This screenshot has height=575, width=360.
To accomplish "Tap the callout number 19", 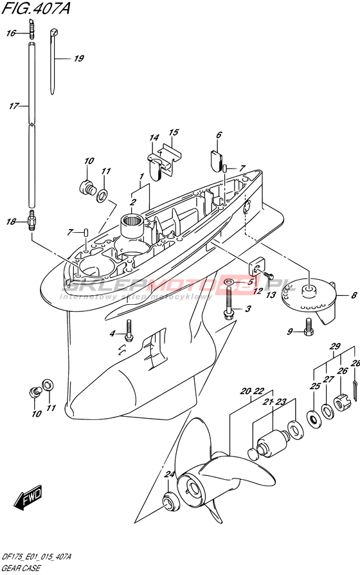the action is coord(79,59).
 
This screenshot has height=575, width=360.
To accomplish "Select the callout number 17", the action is coord(14,106).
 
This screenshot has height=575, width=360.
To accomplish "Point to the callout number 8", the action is coord(354,295).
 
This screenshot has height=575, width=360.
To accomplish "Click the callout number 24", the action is coord(169,475).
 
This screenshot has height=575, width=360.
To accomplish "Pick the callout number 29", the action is coord(335,346).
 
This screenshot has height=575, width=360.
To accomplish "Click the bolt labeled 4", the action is coord(129,330).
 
